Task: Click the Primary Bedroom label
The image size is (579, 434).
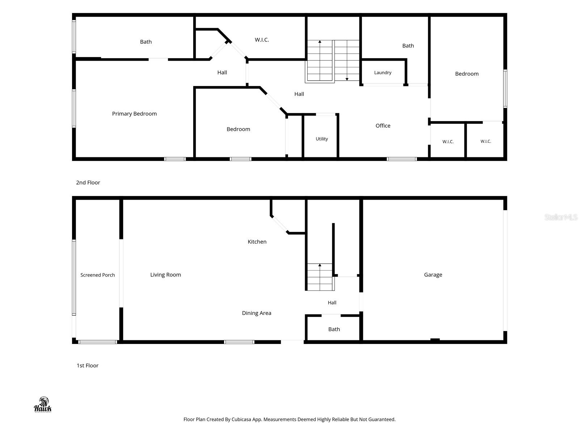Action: (x=134, y=114)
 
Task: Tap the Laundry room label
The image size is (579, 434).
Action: (x=383, y=72)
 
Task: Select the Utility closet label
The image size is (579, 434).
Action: (x=322, y=139)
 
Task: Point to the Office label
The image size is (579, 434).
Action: (x=383, y=126)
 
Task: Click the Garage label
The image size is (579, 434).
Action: (x=433, y=275)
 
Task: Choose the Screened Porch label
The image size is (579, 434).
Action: (x=98, y=275)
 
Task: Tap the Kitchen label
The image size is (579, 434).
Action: (x=257, y=242)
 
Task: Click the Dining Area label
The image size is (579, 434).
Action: (x=257, y=313)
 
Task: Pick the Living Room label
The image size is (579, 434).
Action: (x=165, y=275)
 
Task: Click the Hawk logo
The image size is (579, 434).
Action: (x=43, y=405)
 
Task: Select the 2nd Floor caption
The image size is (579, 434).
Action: (x=88, y=182)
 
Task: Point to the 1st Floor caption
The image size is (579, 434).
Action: (x=87, y=366)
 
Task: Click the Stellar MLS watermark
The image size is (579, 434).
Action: (x=561, y=217)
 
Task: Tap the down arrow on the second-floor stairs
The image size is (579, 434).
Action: (x=347, y=60)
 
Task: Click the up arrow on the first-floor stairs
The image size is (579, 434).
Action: (x=320, y=277)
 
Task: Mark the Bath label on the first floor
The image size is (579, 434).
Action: (x=334, y=329)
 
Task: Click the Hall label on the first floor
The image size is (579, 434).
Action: (x=332, y=302)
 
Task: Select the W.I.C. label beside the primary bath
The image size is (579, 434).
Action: (x=262, y=40)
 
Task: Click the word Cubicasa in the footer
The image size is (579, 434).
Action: (x=241, y=419)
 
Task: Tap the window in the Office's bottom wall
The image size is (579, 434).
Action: (x=401, y=159)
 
